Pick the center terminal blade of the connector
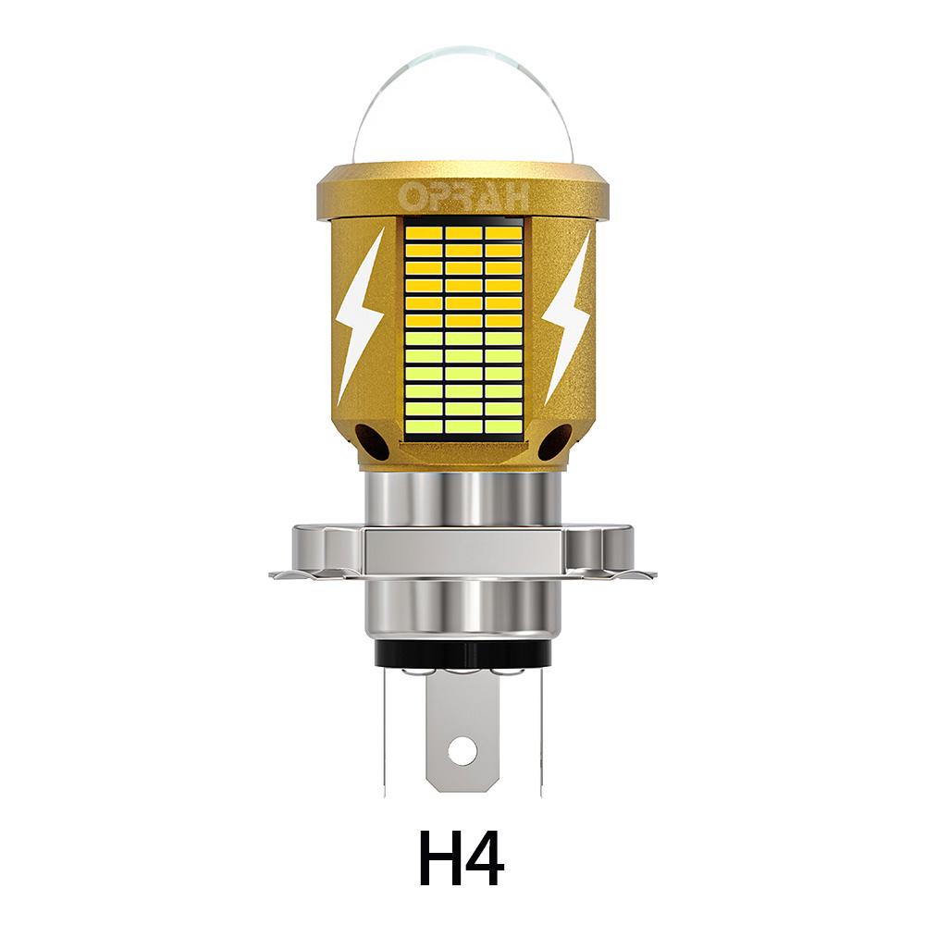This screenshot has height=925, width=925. click(x=462, y=731)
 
